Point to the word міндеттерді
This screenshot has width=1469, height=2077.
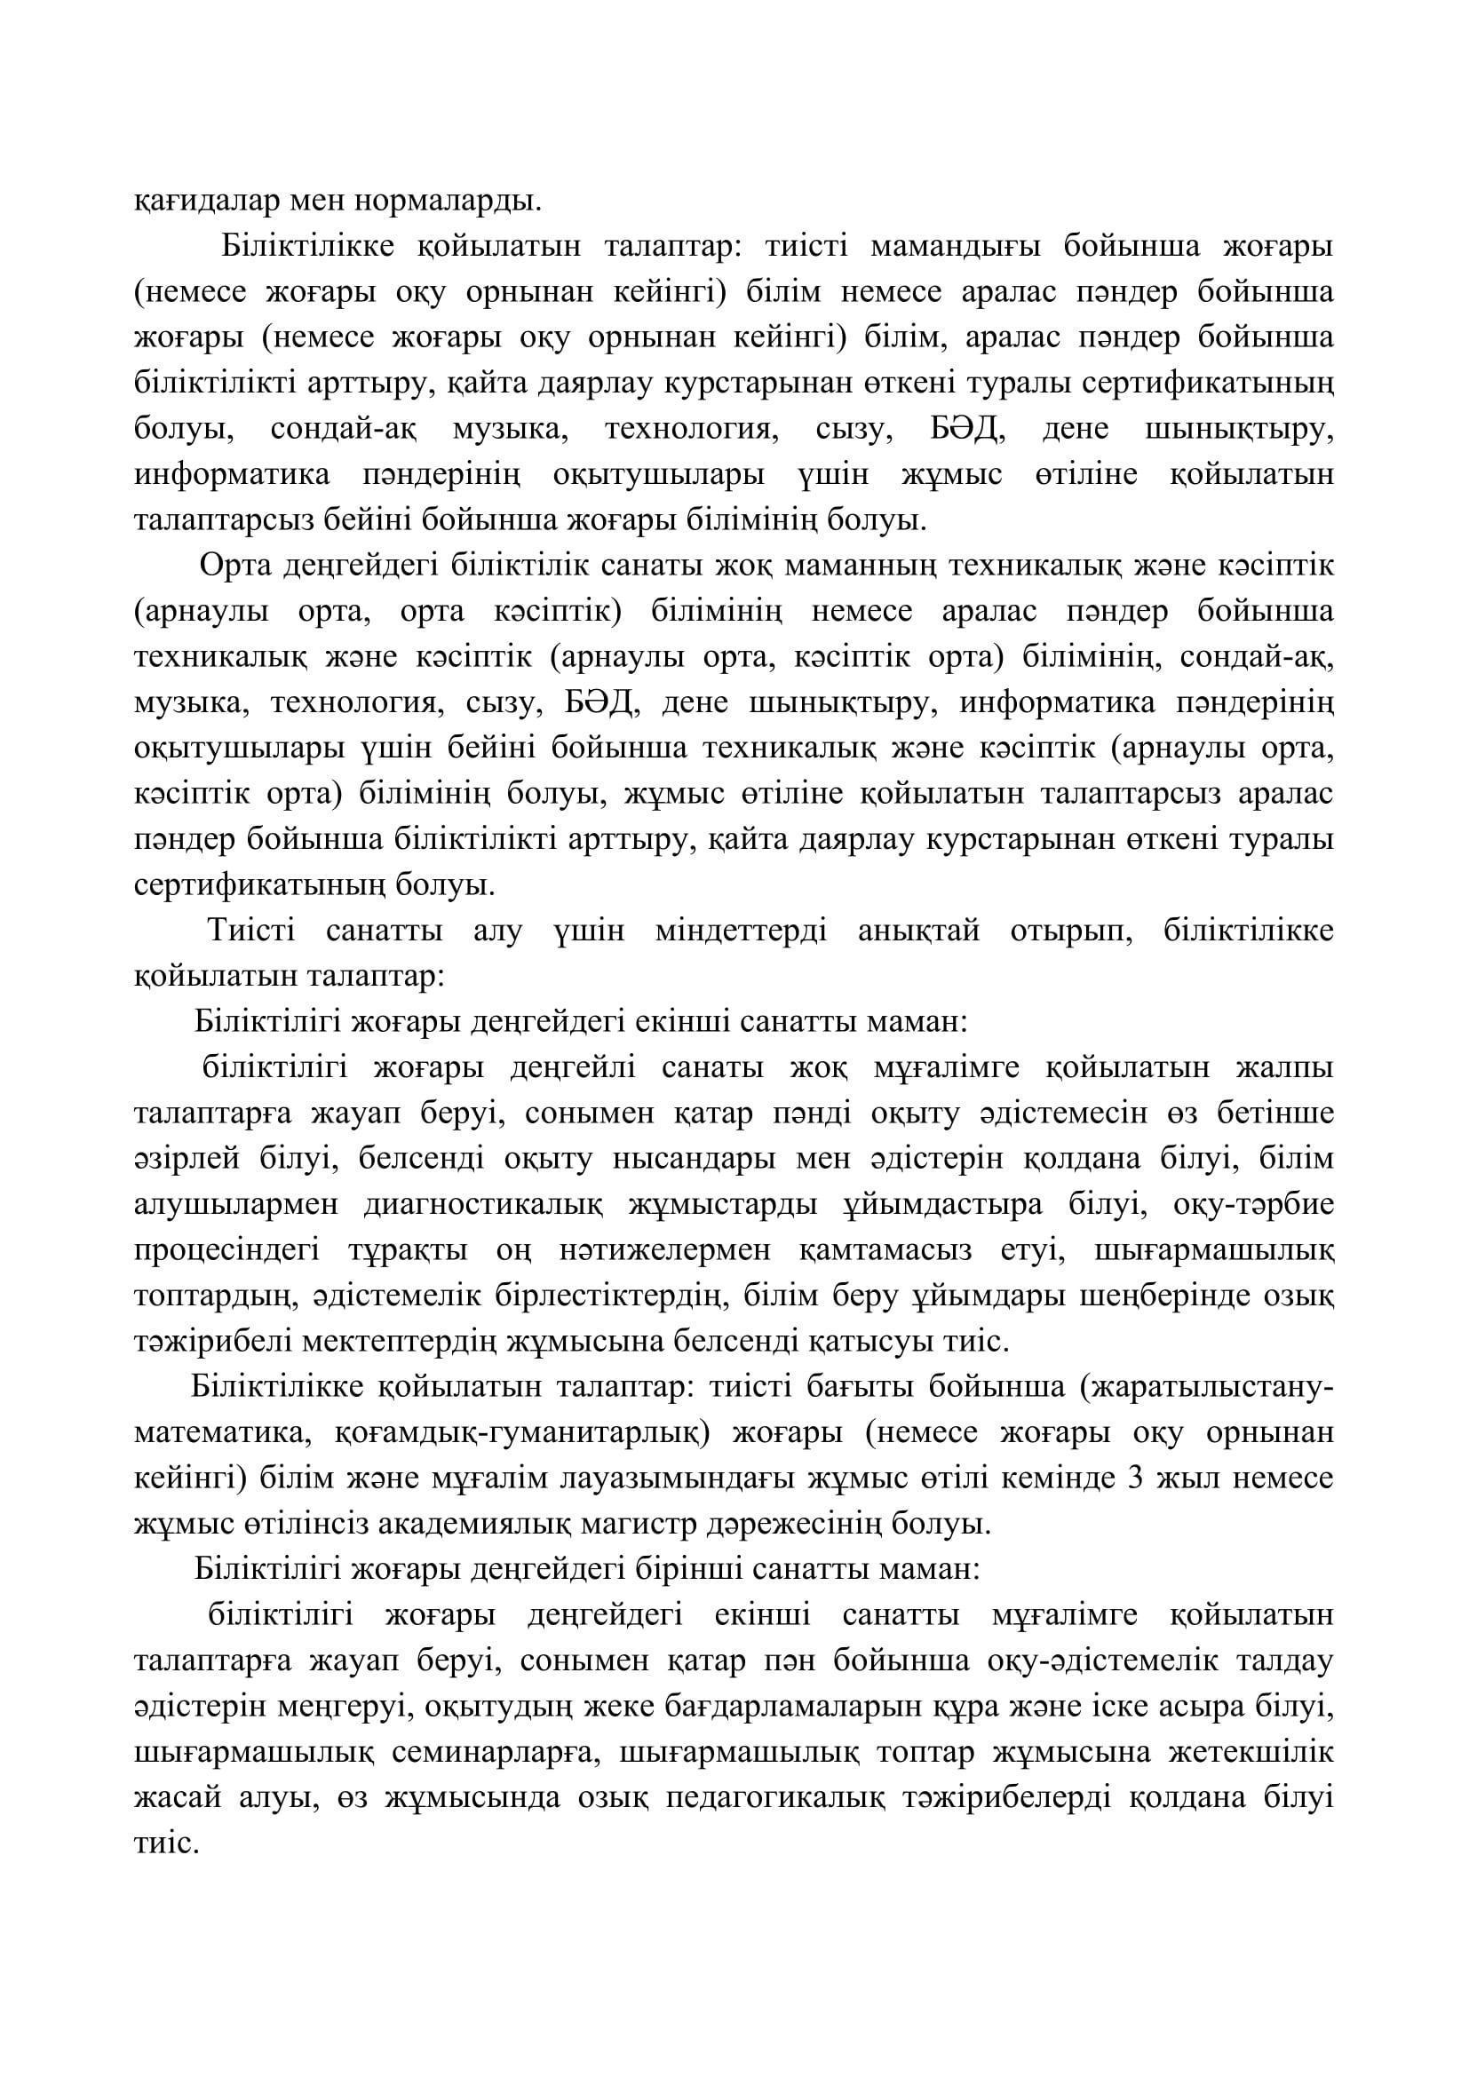coord(741,931)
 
